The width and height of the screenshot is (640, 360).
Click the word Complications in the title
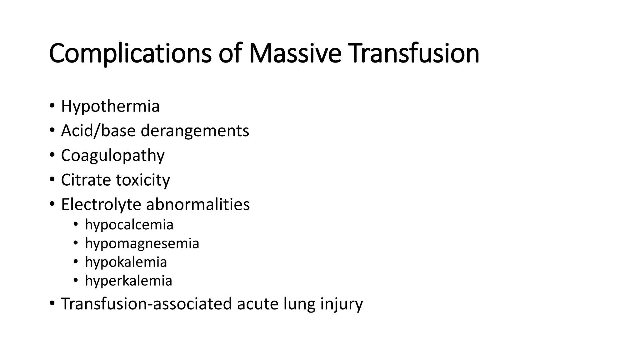click(130, 54)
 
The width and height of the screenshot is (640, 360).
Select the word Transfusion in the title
click(414, 54)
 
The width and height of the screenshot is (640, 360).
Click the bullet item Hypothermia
click(110, 106)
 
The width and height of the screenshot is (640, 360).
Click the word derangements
click(195, 131)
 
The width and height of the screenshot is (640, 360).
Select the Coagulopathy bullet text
click(112, 156)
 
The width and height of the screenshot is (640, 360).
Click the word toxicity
click(143, 180)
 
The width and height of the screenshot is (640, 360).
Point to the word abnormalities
click(197, 205)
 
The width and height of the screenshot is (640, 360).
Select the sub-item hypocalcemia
click(129, 225)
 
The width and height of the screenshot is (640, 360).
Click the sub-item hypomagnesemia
click(142, 243)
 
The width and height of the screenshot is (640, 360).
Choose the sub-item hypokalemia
click(126, 262)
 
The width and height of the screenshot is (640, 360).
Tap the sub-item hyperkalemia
click(128, 281)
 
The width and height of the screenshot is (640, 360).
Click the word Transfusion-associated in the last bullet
click(146, 304)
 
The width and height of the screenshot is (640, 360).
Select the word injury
click(342, 304)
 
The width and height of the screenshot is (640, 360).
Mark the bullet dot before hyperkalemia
click(75, 280)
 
